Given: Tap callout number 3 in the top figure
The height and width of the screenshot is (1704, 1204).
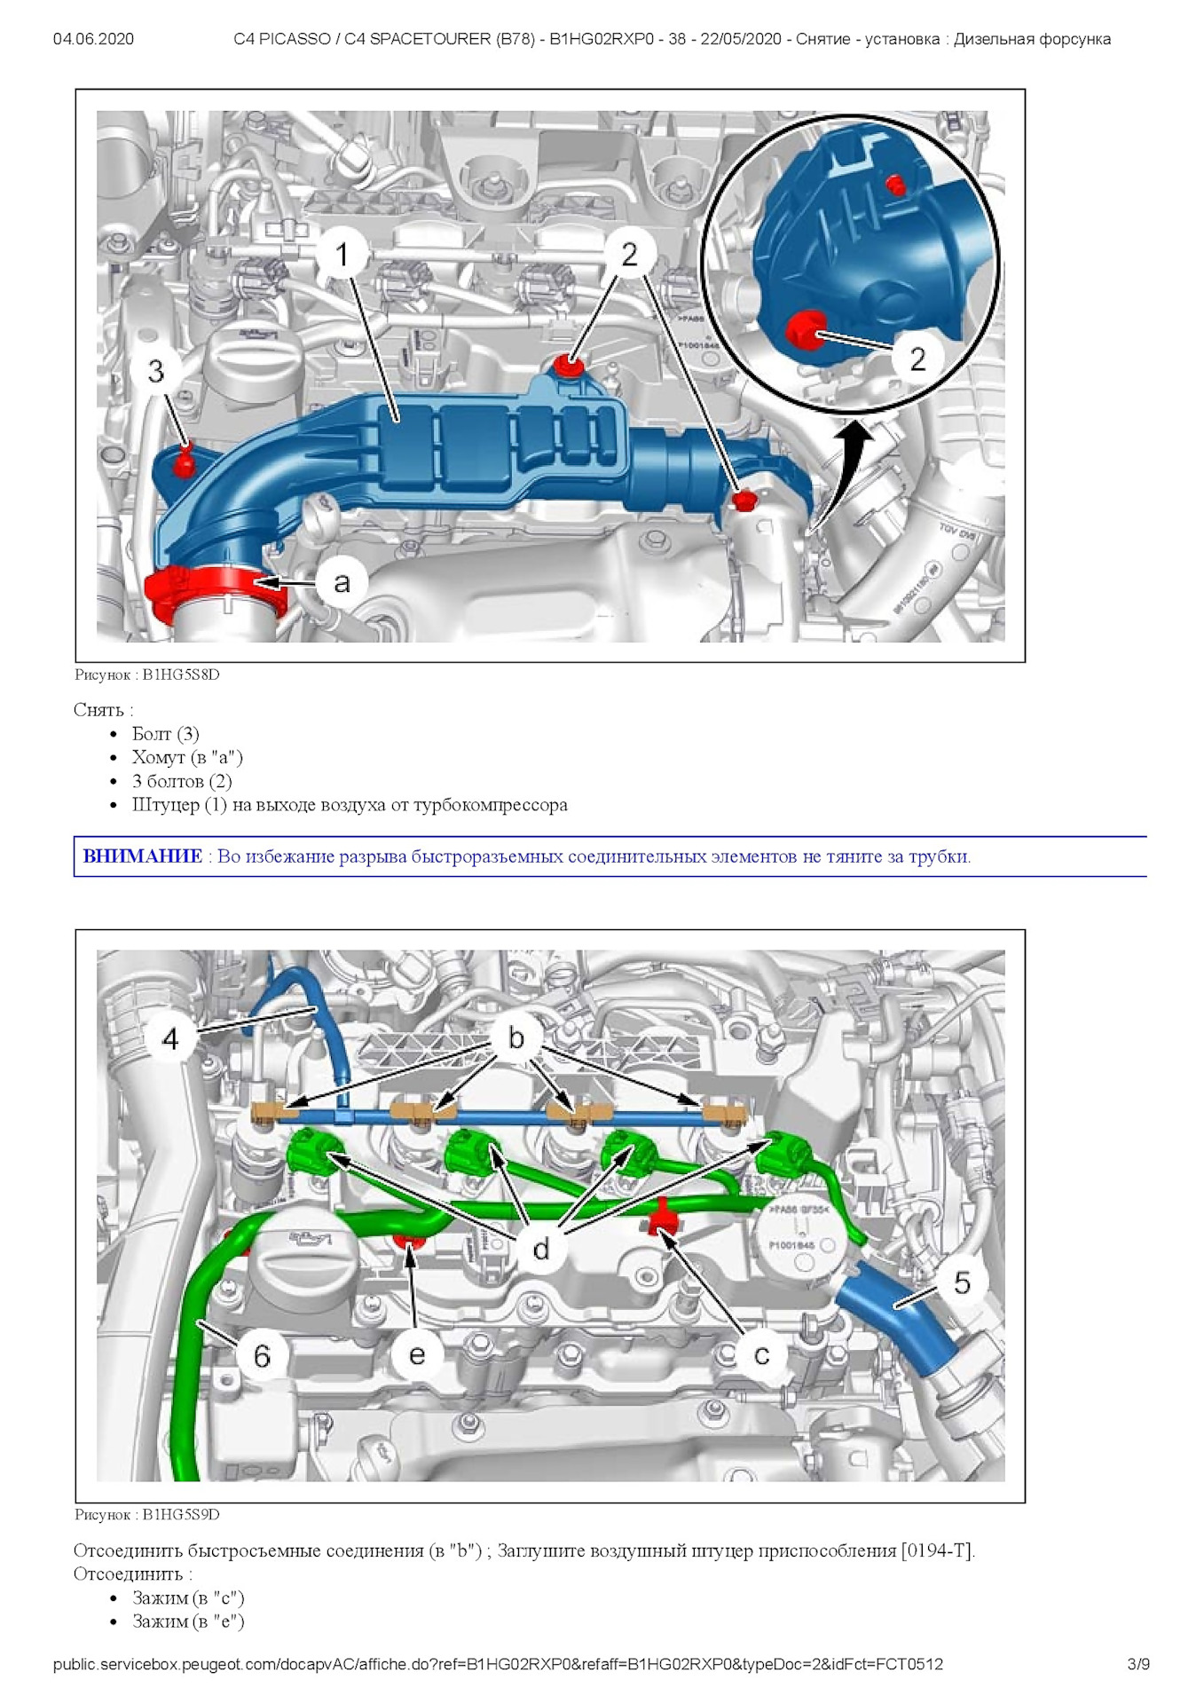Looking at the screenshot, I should pyautogui.click(x=156, y=371).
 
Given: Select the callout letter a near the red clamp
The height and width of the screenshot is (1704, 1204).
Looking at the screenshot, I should pyautogui.click(x=342, y=583).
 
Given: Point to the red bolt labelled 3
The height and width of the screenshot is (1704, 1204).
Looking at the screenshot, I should pyautogui.click(x=185, y=462).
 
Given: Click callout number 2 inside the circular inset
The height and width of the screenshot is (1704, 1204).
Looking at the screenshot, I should pyautogui.click(x=917, y=359).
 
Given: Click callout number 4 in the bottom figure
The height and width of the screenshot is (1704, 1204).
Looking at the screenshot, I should pyautogui.click(x=170, y=1038).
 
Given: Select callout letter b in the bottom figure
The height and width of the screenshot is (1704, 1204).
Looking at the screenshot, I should pyautogui.click(x=516, y=1037).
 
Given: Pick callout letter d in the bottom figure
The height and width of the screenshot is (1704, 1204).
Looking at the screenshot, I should pyautogui.click(x=541, y=1249).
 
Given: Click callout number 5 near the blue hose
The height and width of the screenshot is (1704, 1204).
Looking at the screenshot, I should pyautogui.click(x=962, y=1282).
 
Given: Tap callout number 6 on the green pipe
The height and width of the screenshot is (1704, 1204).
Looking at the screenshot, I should pyautogui.click(x=262, y=1355).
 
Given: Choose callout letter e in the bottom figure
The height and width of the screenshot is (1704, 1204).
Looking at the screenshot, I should pyautogui.click(x=416, y=1354).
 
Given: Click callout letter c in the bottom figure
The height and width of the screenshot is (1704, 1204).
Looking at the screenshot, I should pyautogui.click(x=761, y=1355).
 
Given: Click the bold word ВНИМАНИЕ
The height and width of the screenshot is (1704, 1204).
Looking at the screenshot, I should pyautogui.click(x=142, y=856).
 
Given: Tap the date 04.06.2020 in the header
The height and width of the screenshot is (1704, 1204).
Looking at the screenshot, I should pyautogui.click(x=93, y=39).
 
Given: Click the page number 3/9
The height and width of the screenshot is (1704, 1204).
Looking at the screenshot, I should pyautogui.click(x=1138, y=1664).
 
